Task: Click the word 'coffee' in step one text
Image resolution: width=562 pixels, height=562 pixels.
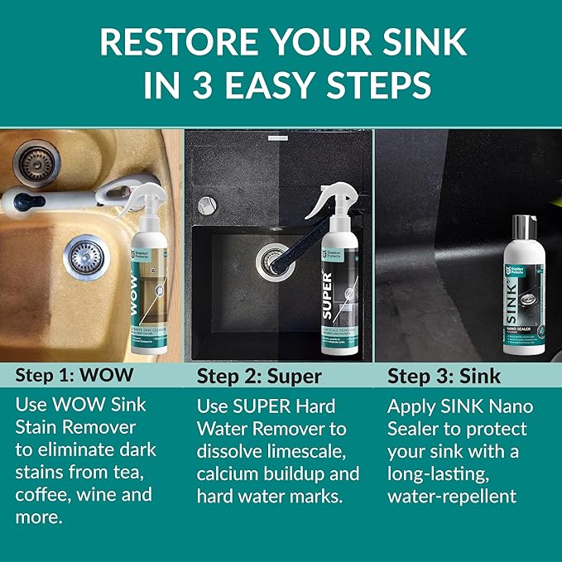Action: (x=42, y=495)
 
